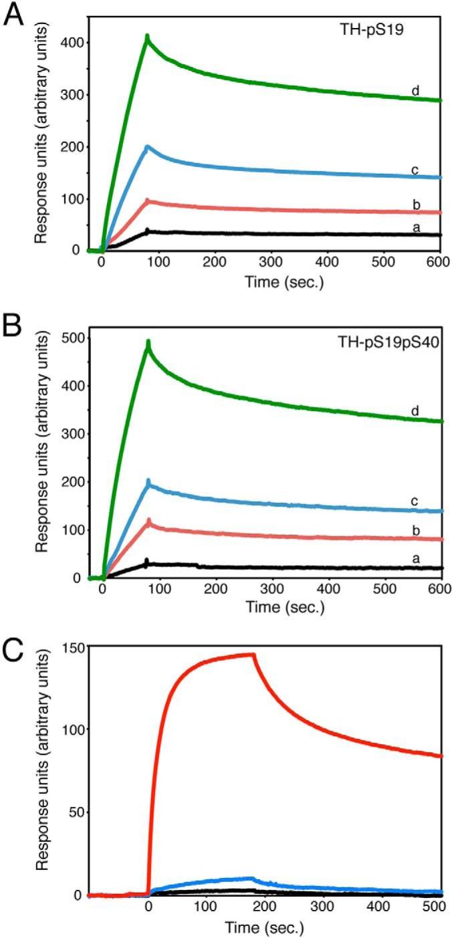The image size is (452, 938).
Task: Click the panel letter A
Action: point(15,15)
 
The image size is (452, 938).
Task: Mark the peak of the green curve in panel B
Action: point(148,342)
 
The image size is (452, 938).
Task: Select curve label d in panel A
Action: point(415,91)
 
